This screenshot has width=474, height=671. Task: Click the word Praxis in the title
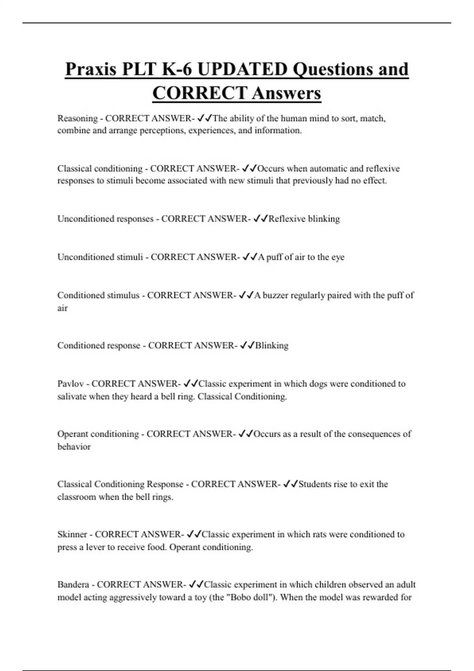point(91,69)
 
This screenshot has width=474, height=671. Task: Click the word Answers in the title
point(286,94)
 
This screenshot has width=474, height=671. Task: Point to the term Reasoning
point(77,118)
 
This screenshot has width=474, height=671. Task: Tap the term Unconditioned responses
point(105,219)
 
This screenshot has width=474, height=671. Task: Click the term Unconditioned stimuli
point(100,257)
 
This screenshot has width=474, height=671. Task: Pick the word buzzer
point(275,295)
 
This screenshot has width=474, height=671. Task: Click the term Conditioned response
point(99,345)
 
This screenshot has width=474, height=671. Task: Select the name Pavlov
point(70,384)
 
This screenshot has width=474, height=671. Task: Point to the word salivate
point(71,396)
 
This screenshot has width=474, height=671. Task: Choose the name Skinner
point(72,534)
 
